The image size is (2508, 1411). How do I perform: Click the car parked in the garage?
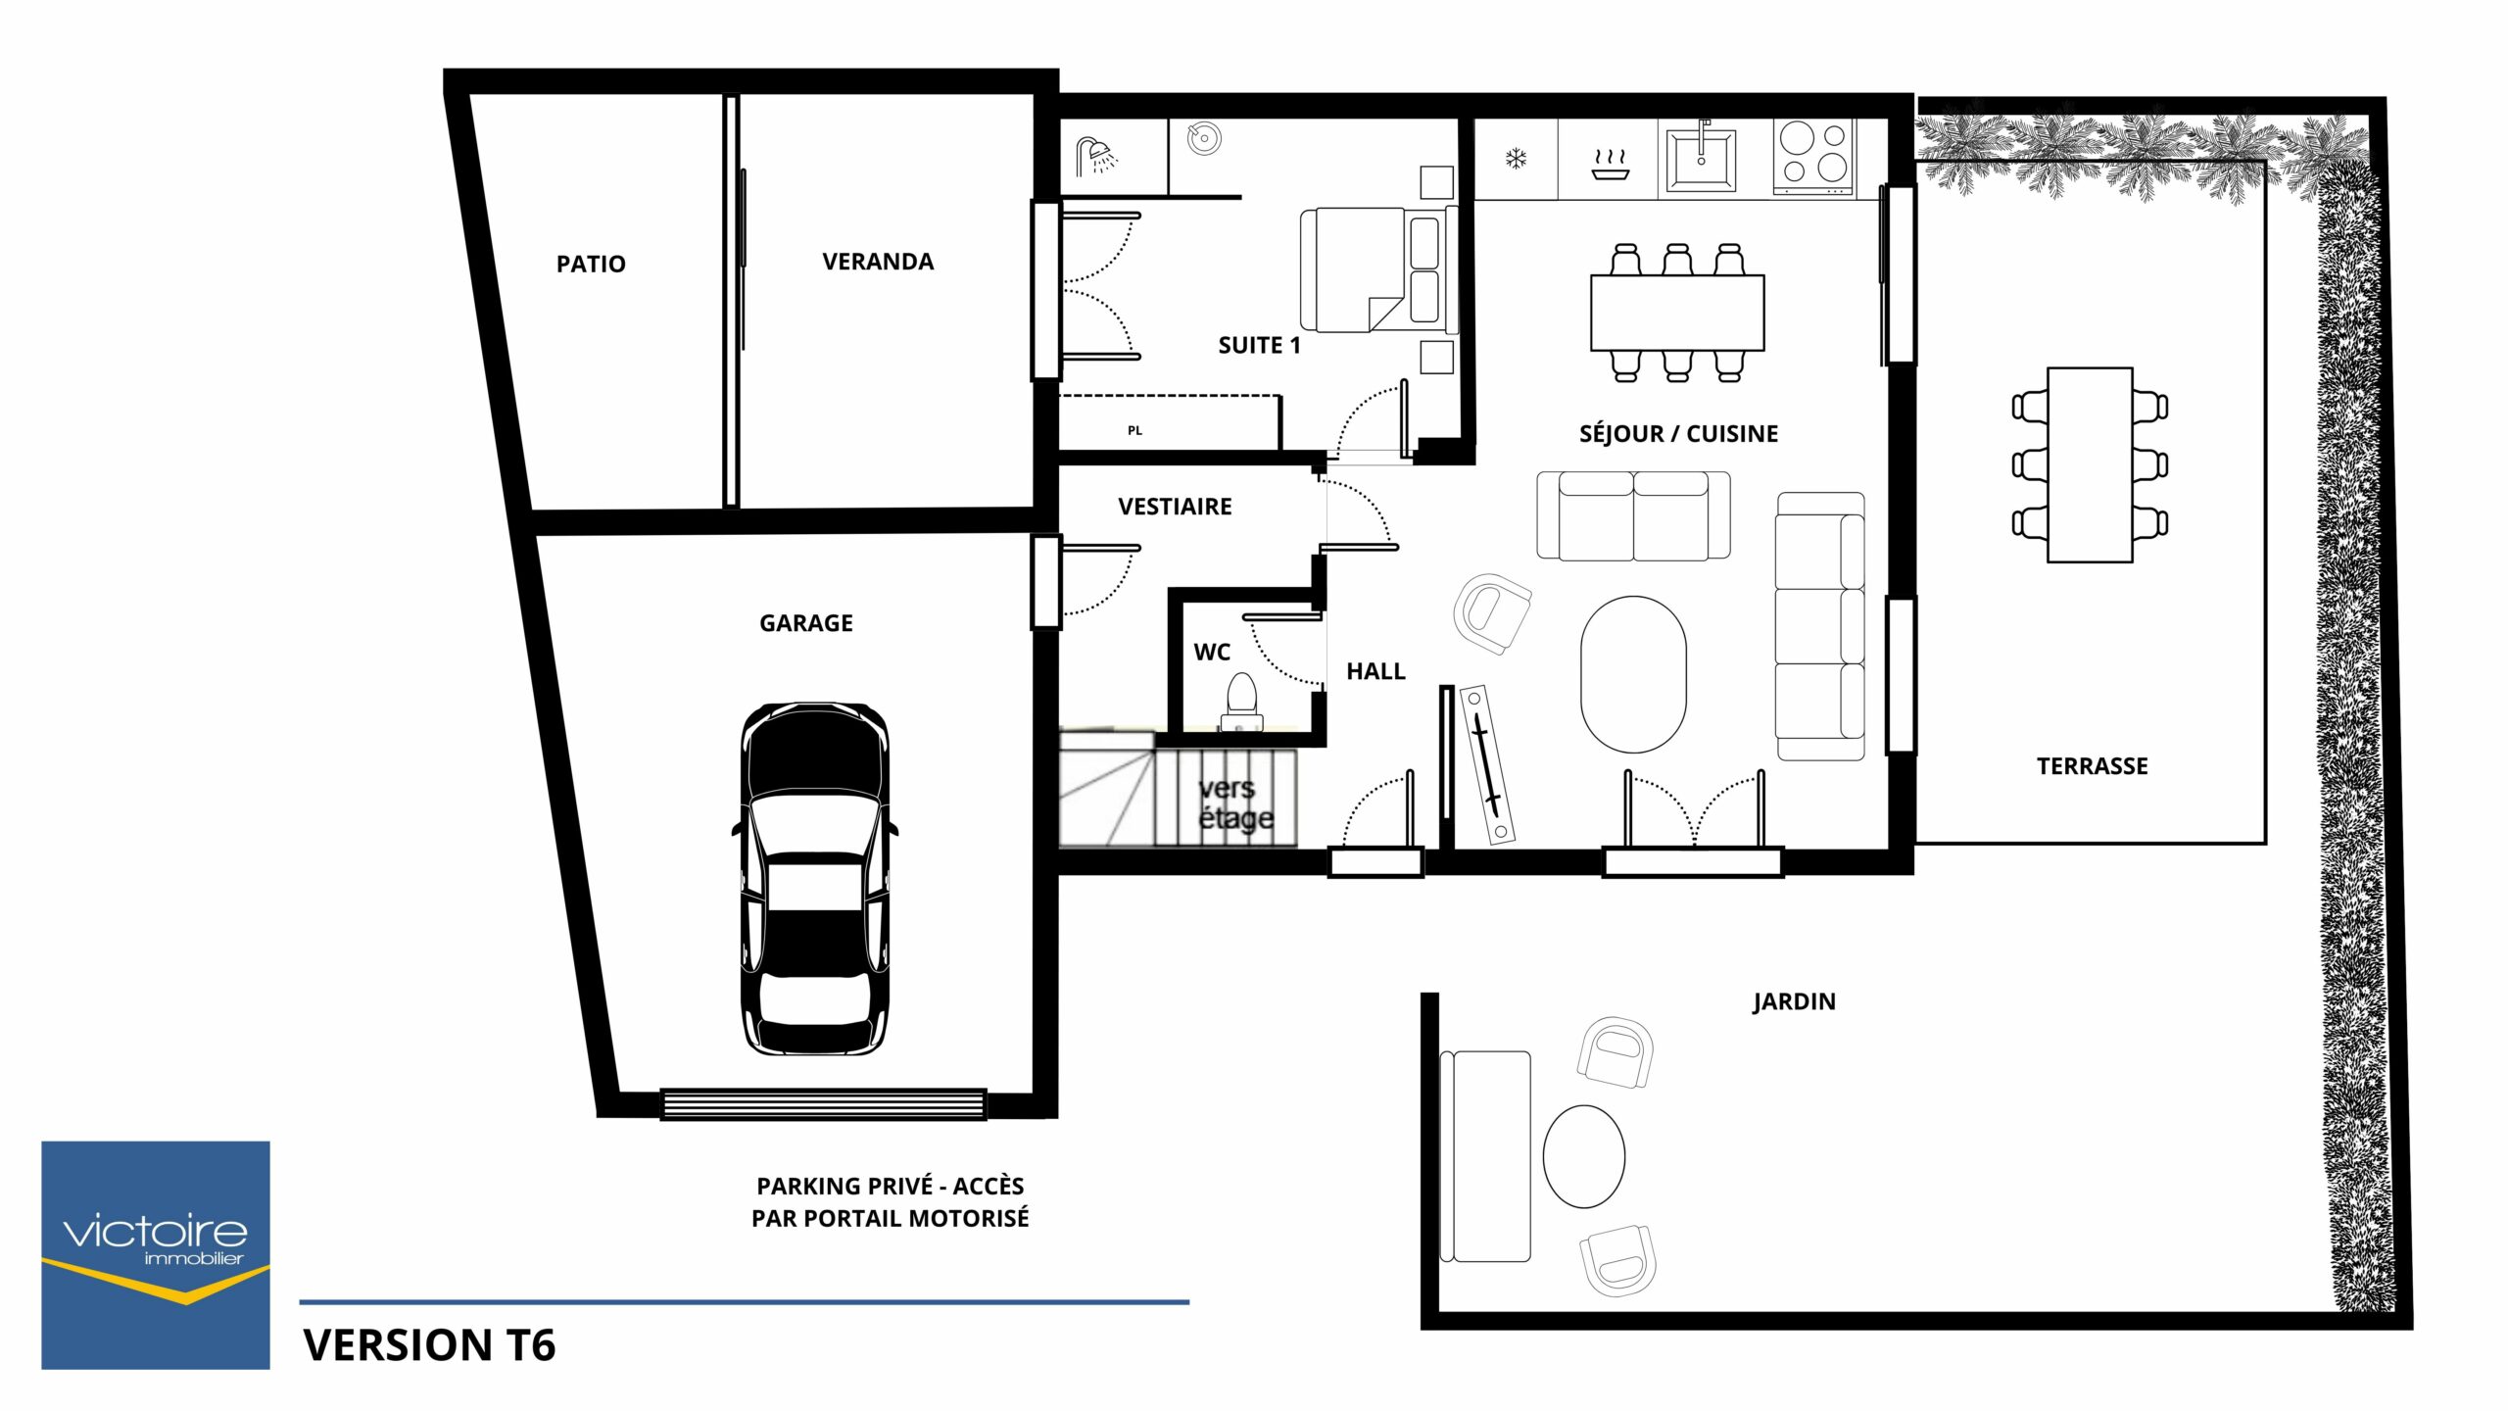coord(815,878)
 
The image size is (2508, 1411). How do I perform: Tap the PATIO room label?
coord(591,264)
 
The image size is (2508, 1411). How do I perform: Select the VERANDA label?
coord(878,262)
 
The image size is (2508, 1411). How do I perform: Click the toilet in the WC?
coord(1242,700)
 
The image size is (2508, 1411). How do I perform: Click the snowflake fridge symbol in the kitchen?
coord(1517,158)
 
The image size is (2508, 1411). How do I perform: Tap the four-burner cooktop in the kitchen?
coord(1813,157)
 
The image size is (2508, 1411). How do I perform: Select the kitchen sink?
coord(1702,157)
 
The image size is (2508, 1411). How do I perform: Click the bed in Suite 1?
coord(1376,269)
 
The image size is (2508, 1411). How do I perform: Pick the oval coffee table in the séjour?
coord(1633,674)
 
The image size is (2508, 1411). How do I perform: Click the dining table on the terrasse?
coord(2090,464)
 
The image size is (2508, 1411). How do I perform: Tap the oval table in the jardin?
coord(1583,1156)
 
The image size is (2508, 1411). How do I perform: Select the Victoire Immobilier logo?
coord(155,1255)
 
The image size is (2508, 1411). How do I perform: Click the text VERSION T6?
coord(429,1345)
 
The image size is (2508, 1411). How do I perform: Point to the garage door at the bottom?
coord(823,1104)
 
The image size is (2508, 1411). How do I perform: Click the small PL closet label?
coord(1134,430)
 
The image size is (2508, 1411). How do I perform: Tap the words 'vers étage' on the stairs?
coord(1234,803)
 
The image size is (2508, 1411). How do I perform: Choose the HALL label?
coord(1375,671)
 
